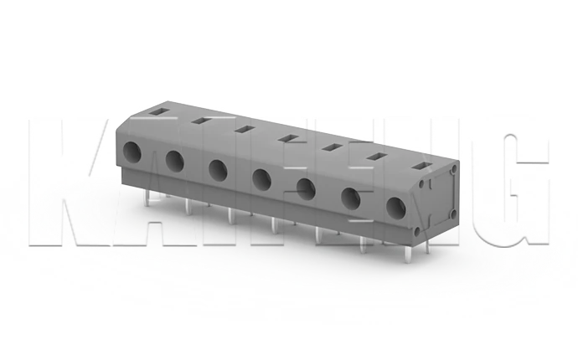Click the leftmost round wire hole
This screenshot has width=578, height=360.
132,152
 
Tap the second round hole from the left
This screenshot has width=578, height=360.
175,160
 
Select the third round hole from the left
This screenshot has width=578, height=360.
218,169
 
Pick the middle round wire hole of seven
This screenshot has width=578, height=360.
261,178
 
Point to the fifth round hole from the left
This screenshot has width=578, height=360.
306,188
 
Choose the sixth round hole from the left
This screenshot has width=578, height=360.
350,198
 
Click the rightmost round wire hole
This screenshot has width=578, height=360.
395,207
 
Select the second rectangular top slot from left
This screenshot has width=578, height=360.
200,120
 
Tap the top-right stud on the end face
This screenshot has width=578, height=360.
452,169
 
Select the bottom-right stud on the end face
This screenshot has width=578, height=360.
452,216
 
